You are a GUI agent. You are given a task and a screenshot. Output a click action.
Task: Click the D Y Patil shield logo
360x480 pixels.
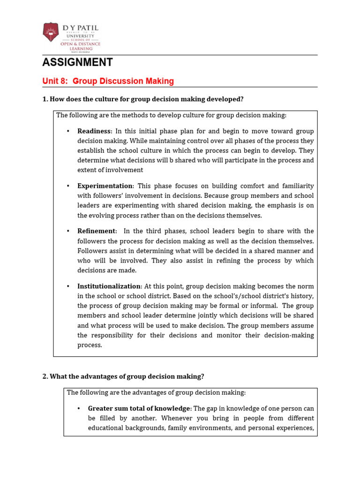[x=51, y=32]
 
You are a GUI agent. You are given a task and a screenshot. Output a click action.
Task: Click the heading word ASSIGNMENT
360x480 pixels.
[x=77, y=62]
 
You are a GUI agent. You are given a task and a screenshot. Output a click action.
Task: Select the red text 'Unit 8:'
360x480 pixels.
[x=55, y=82]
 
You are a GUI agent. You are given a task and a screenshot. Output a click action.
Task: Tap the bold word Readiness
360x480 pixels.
[x=94, y=131]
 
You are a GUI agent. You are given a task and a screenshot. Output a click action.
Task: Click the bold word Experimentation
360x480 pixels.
[x=105, y=186]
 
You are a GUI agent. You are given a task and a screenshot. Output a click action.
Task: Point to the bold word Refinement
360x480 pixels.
[x=96, y=231]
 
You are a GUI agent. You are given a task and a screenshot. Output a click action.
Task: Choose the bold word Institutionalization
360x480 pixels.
[x=109, y=286]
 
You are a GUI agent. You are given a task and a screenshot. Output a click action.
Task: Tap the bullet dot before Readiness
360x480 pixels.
[x=68, y=131]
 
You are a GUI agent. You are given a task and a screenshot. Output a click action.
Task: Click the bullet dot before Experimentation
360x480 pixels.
[x=68, y=186]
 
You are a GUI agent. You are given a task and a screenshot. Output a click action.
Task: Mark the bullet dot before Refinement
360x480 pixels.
[x=68, y=231]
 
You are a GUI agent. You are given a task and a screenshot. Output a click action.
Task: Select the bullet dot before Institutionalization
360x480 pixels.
[x=68, y=286]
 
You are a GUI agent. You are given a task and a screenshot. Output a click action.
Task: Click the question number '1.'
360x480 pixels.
[x=45, y=99]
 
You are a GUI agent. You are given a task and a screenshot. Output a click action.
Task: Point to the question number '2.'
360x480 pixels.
[x=45, y=376]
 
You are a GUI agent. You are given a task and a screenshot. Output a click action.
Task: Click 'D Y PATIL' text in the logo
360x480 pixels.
[x=80, y=29]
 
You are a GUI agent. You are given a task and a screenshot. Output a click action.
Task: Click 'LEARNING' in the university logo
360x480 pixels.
[x=80, y=48]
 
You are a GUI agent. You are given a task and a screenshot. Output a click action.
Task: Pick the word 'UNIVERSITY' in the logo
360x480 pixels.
[x=80, y=36]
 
